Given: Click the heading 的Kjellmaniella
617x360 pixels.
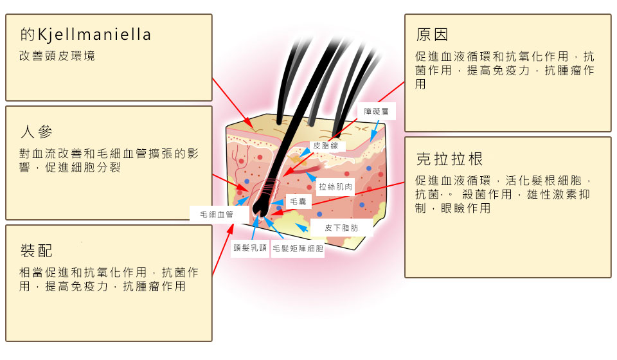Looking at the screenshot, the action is [x=85, y=34].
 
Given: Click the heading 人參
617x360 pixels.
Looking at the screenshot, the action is [x=36, y=131].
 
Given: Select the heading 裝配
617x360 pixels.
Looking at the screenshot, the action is [x=36, y=251].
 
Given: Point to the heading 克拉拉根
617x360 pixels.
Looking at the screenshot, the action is [x=449, y=159].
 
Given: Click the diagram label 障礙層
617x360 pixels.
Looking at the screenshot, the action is [x=376, y=112].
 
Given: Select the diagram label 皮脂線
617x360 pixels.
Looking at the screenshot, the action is [x=325, y=145].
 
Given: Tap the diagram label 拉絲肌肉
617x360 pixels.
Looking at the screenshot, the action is [x=335, y=187].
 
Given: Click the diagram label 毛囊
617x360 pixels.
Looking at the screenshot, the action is [x=298, y=202].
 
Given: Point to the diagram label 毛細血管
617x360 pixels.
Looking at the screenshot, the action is [x=217, y=215].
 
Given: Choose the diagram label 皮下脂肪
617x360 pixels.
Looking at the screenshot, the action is [x=341, y=228].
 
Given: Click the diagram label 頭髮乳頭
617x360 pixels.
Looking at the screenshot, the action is [x=250, y=248].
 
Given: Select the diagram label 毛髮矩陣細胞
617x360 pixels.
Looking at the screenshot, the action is [x=298, y=248].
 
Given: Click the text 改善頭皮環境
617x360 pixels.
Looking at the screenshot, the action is [x=57, y=56].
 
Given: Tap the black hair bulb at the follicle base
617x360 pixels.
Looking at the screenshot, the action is [x=260, y=204].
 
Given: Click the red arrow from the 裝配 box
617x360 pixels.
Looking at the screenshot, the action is [x=223, y=249].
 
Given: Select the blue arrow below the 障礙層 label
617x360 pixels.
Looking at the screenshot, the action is [x=375, y=131].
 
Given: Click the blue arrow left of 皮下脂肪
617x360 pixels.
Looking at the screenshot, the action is [x=301, y=227].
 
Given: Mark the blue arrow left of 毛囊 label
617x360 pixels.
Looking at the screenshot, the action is [x=278, y=203].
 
